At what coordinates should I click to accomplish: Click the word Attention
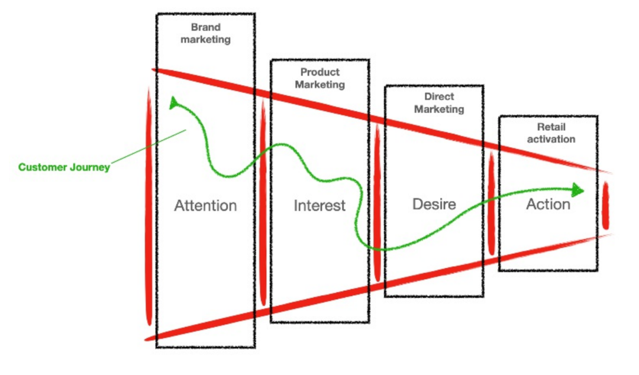click(x=205, y=206)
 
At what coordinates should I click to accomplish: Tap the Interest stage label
click(x=319, y=206)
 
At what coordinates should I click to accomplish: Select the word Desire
click(x=434, y=204)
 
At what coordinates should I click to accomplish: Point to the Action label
click(x=548, y=204)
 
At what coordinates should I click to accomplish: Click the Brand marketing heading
click(x=205, y=34)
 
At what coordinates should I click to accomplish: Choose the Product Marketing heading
click(x=320, y=78)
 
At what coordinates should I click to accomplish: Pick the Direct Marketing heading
click(x=439, y=103)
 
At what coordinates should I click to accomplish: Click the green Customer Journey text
click(x=64, y=167)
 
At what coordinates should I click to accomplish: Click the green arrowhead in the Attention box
click(x=173, y=104)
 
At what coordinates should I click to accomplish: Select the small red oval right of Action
click(x=605, y=206)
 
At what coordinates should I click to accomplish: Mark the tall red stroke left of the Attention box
click(x=149, y=207)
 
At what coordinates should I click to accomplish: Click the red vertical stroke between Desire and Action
click(x=491, y=204)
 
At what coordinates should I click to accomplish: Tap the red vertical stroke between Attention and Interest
click(x=263, y=201)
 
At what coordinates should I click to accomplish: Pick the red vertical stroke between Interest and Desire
click(x=377, y=201)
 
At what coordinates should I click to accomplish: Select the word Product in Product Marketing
click(x=320, y=72)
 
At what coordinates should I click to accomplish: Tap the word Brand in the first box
click(x=205, y=27)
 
